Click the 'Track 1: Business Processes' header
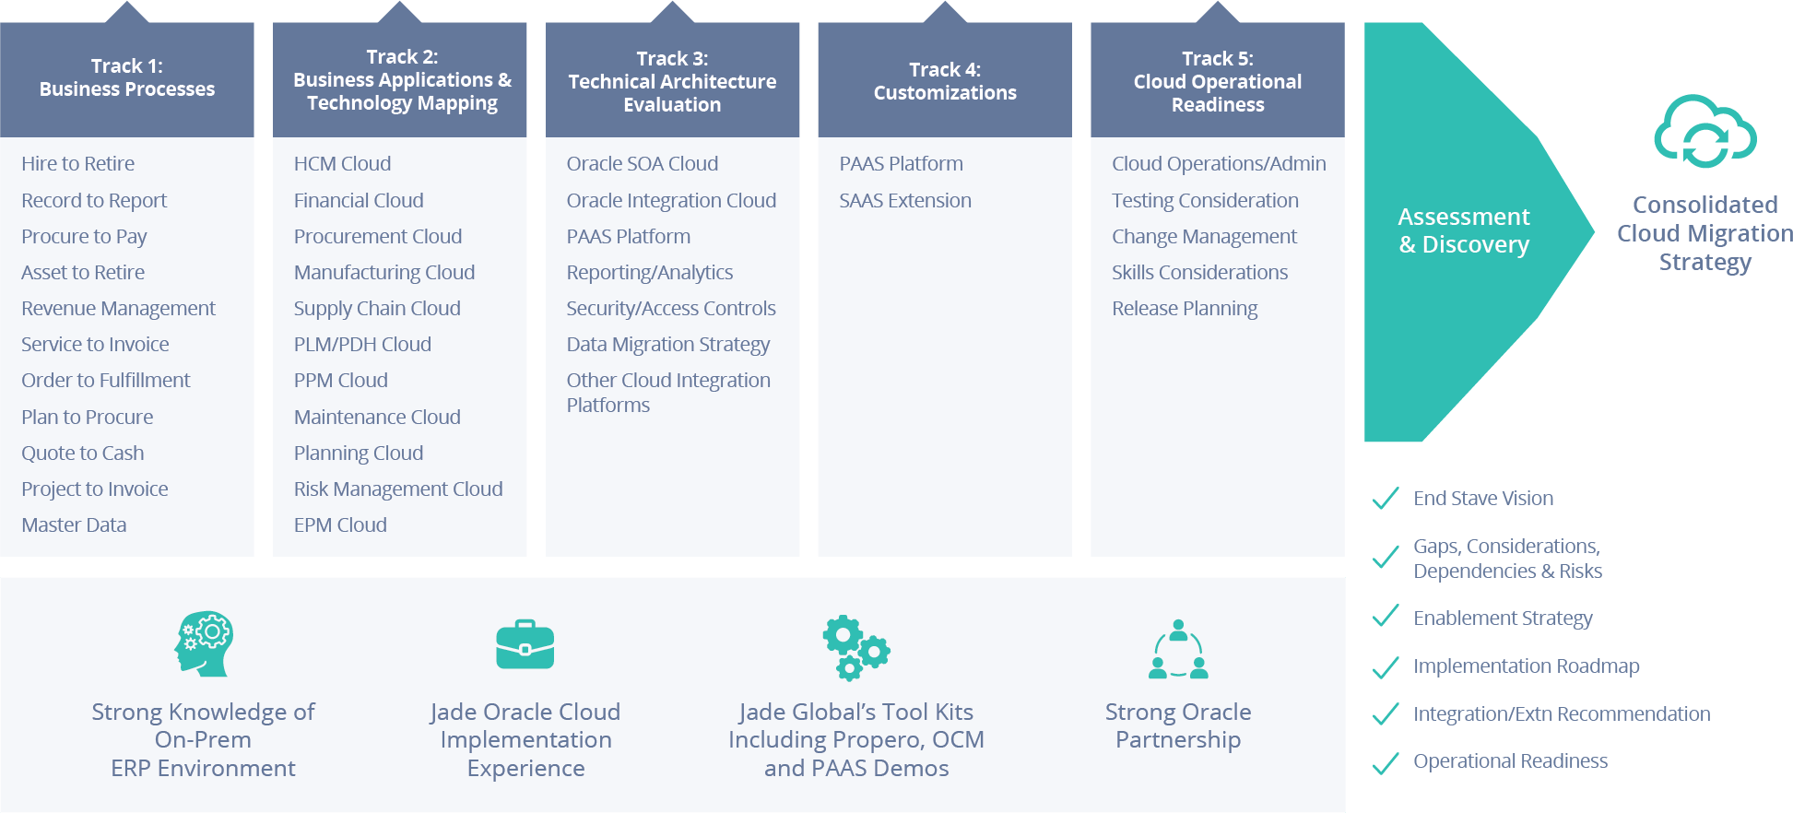127,78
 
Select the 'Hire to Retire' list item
78,164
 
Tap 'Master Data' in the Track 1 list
74,525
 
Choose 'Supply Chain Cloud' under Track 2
377,309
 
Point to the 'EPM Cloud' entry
340,525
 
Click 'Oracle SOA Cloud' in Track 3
643,164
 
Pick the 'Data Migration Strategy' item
668,345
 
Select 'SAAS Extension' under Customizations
905,201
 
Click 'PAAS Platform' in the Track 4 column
901,164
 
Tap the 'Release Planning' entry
1185,309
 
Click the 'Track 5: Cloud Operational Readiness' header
1218,82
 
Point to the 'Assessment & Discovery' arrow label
1464,230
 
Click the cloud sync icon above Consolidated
1705,132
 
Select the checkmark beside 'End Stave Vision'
1386,499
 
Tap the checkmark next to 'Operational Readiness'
1386,762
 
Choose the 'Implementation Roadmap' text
1527,666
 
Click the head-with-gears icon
204,644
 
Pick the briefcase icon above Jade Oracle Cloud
525,644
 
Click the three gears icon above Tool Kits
856,649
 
